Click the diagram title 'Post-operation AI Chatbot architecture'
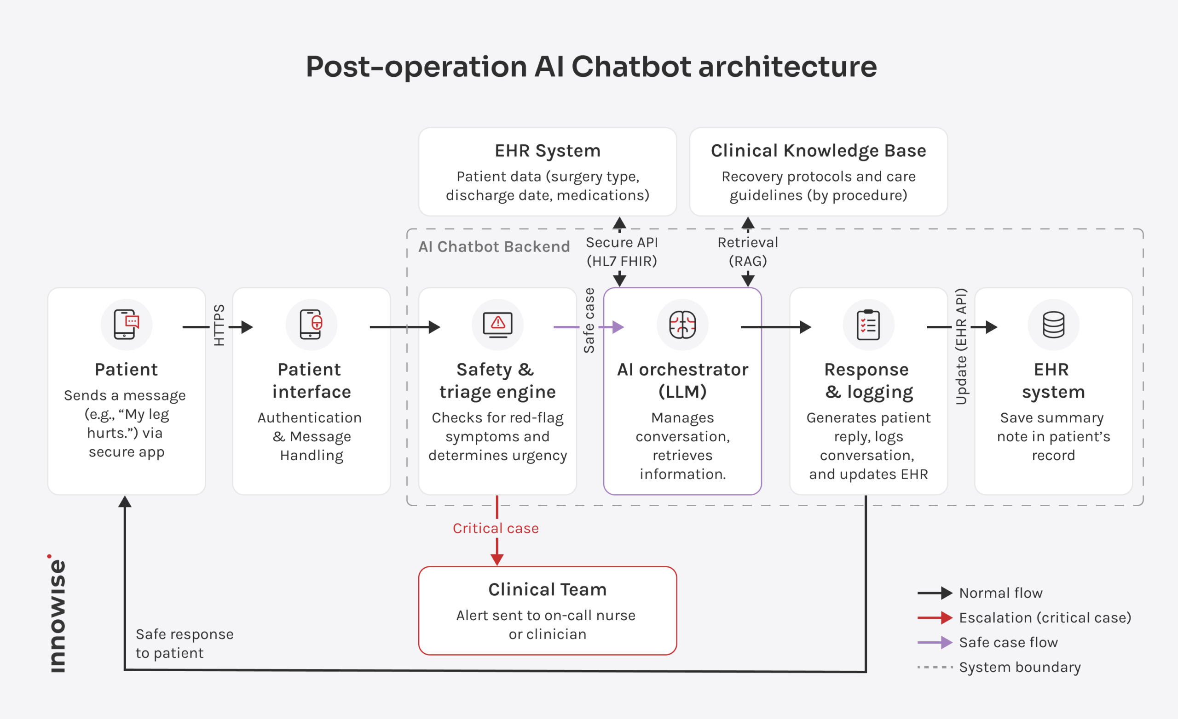coord(591,66)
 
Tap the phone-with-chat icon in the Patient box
coord(126,325)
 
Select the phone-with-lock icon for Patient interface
coord(311,325)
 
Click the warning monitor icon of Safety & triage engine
coord(498,325)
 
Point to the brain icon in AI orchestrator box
coord(682,325)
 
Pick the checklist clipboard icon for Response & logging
coord(868,325)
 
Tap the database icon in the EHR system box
coord(1053,325)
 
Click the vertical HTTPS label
coord(219,325)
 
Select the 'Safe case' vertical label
coord(589,320)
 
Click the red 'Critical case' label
coord(496,528)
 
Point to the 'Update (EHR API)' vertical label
coord(961,346)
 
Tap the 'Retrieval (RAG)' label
coord(748,252)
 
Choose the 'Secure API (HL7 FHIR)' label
coord(622,252)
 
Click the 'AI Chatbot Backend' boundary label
coord(494,246)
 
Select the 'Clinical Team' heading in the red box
coord(548,589)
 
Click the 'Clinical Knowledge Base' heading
coord(819,151)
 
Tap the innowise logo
coord(58,613)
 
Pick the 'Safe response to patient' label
coord(185,644)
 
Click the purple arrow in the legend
coord(935,643)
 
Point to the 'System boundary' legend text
coord(1020,668)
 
